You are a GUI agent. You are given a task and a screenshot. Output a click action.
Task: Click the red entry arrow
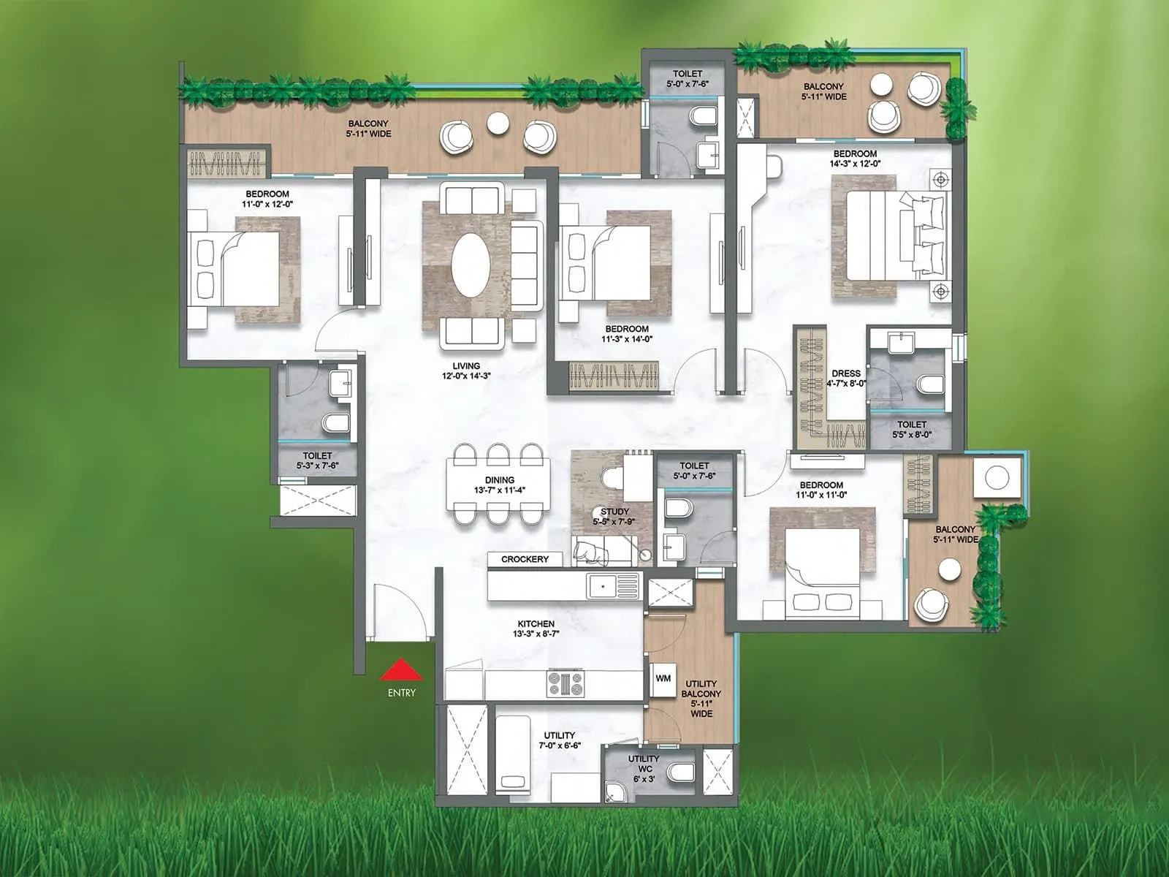tap(401, 670)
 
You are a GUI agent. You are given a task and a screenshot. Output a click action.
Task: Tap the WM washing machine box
tap(663, 679)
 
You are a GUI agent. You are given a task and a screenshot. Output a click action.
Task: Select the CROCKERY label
tap(525, 559)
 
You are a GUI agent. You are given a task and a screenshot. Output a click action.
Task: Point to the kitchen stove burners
tap(566, 684)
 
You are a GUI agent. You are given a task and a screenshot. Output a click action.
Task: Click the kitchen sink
tap(603, 585)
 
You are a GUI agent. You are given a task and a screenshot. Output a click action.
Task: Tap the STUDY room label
tap(614, 517)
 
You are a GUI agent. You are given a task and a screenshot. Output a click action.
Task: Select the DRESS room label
tap(846, 378)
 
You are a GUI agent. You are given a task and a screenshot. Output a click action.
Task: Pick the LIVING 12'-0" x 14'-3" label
tap(466, 371)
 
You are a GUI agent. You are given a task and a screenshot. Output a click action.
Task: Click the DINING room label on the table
tap(500, 485)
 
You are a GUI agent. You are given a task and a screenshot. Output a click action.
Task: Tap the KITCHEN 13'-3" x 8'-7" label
tap(536, 629)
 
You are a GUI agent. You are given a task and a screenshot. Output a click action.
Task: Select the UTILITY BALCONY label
tap(701, 699)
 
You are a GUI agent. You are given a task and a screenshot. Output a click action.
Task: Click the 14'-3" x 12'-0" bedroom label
tap(855, 159)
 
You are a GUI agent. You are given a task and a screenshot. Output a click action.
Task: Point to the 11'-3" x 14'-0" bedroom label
tap(627, 334)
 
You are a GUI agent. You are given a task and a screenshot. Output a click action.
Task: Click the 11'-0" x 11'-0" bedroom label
tap(821, 490)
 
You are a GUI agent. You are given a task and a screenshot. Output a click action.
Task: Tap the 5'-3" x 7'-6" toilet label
tap(317, 460)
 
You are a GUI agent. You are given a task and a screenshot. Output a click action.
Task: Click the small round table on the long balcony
tap(498, 124)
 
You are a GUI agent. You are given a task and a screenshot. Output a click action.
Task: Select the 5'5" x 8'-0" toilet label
tap(912, 429)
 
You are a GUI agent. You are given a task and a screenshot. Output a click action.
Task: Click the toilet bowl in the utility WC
tap(682, 772)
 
